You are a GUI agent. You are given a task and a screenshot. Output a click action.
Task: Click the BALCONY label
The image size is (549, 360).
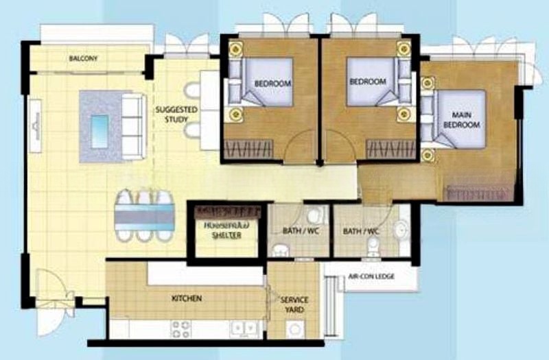83,59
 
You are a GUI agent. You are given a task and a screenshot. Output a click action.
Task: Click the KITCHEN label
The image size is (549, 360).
186,299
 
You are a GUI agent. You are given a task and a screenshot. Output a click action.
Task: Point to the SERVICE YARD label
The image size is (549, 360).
294,305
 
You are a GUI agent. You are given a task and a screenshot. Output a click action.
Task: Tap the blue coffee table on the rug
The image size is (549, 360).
100,127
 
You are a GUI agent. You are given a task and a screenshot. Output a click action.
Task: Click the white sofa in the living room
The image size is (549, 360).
132,126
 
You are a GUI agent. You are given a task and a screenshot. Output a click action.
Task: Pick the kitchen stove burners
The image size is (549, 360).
180,329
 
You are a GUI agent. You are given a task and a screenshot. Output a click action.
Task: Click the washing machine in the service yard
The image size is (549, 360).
296,330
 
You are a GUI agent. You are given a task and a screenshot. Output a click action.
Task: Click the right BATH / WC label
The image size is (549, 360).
363,230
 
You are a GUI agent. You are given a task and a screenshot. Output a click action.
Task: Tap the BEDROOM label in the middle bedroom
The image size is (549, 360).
368,81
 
